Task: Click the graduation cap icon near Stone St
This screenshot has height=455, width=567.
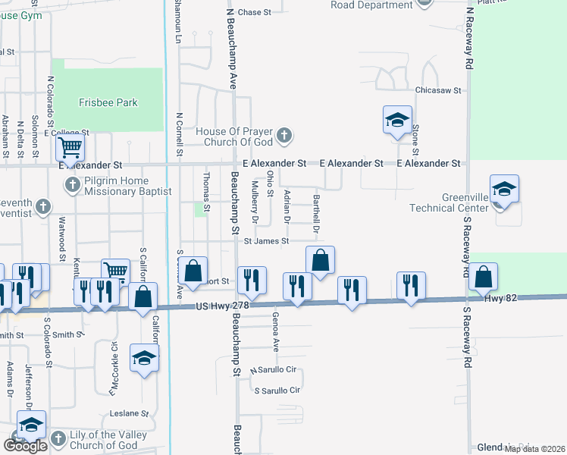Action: pos(397,121)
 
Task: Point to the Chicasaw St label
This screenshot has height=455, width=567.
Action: pos(438,90)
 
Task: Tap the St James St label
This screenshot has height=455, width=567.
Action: pos(266,241)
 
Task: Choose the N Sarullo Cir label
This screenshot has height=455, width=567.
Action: pos(273,370)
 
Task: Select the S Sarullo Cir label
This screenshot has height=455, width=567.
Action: pos(277,391)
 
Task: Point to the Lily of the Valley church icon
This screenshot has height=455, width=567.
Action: pos(58,438)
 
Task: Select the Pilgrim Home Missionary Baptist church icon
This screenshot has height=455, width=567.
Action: pos(73,184)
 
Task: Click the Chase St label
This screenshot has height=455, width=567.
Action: pos(255,12)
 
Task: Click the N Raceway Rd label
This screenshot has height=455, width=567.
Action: pos(470,38)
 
